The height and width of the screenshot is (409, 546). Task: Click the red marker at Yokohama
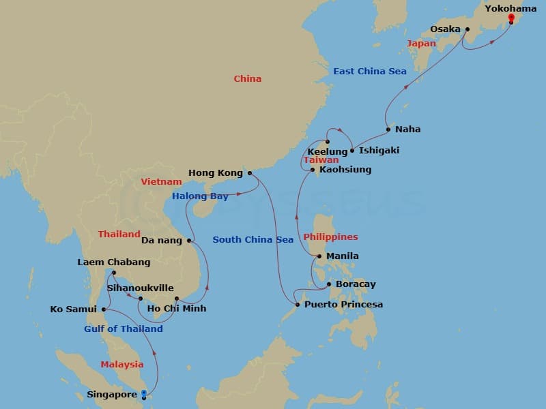click(x=511, y=17)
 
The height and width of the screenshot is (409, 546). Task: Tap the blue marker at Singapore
click(x=143, y=393)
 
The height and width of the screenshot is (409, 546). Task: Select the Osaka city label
click(x=444, y=29)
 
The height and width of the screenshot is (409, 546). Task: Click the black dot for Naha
click(x=388, y=130)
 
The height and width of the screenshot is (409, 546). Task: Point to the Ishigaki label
click(x=379, y=150)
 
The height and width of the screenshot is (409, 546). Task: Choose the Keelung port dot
click(x=328, y=142)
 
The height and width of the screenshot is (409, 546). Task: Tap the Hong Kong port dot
click(x=249, y=173)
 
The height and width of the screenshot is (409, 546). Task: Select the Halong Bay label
click(x=200, y=196)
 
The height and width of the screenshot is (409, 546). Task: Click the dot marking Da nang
click(x=189, y=240)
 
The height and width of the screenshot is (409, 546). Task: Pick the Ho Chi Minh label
click(x=177, y=309)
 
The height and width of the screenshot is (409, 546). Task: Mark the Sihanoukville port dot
click(x=141, y=299)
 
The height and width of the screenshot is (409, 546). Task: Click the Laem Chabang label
click(x=114, y=262)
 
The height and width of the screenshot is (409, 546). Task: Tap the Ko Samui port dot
click(x=104, y=309)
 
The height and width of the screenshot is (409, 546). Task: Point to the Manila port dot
click(x=319, y=256)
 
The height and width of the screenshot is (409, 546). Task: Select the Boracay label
click(x=356, y=284)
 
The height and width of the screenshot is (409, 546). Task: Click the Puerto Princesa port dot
click(x=297, y=305)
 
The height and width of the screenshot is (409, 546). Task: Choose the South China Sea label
click(x=253, y=239)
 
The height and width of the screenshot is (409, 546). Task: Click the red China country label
click(x=248, y=79)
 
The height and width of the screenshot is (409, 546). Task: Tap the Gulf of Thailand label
click(x=124, y=329)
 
